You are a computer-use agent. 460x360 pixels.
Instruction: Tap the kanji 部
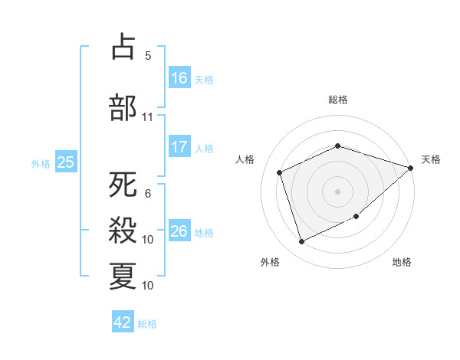coord(123,107)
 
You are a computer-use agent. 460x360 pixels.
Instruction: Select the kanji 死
coord(123,185)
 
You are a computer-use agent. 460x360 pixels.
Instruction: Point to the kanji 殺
coord(123,230)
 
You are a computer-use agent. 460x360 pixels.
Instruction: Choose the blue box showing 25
coord(65,162)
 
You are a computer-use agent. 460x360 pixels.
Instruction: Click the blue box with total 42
coord(123,322)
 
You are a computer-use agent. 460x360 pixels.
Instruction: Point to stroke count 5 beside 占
coord(147,56)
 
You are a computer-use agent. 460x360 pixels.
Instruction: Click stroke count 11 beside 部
coord(147,117)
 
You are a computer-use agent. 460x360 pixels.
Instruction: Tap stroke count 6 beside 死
coord(147,194)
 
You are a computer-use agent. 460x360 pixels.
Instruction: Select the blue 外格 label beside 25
coord(41,163)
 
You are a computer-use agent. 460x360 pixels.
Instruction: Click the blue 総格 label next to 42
coord(147,323)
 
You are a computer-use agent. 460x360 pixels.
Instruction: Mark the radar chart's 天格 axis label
coord(431,159)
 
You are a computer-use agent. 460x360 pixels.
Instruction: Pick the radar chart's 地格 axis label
coord(402,262)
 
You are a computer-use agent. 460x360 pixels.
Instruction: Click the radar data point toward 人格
coord(281,172)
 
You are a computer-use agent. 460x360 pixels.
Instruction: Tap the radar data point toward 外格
coord(301,242)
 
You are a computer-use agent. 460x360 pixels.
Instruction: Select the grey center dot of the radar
coord(337,191)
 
